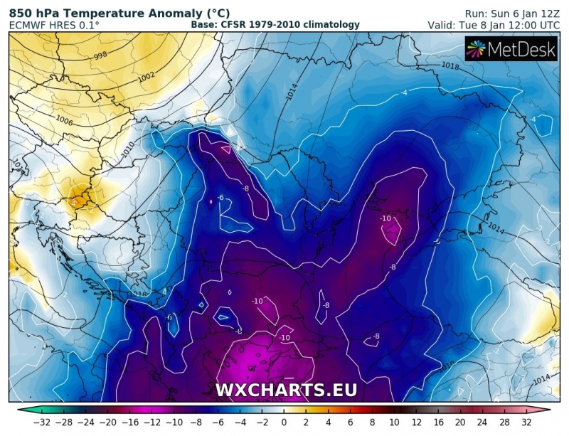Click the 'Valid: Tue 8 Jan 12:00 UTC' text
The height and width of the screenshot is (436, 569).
click(494, 25)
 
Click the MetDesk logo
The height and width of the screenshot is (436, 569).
click(511, 49)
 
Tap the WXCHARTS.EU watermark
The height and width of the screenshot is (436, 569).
click(286, 390)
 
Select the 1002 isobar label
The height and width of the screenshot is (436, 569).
click(146, 76)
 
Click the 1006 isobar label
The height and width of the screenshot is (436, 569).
click(46, 121)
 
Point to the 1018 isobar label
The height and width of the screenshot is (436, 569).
click(450, 65)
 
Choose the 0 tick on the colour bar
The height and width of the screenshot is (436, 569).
click(284, 422)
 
